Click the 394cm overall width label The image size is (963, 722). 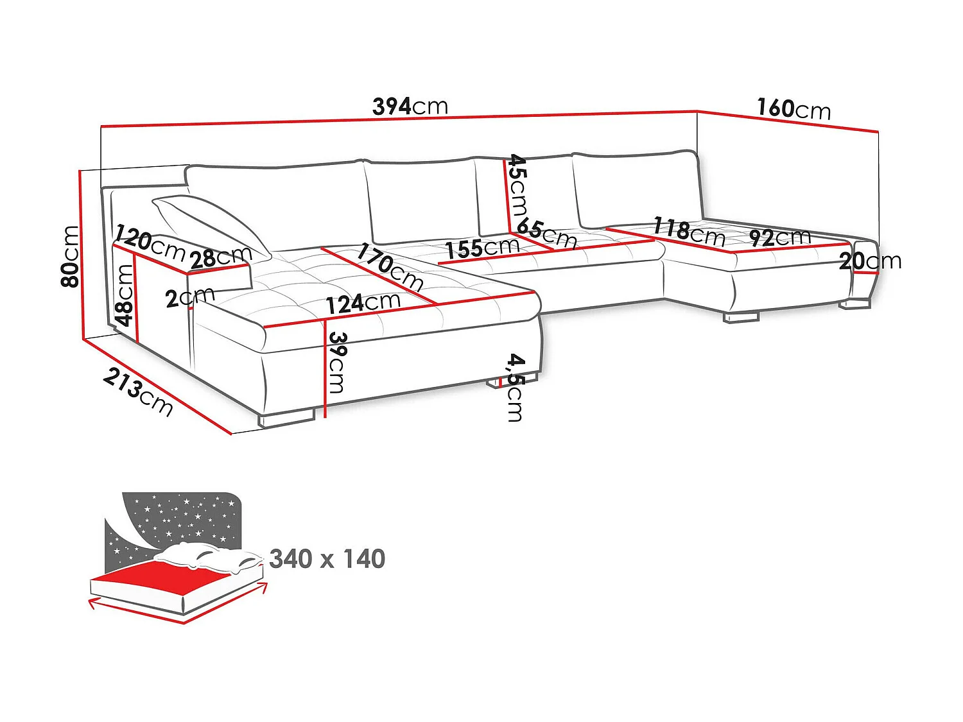click(x=410, y=106)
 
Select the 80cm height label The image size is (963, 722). click(x=70, y=256)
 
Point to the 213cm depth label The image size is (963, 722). click(x=138, y=391)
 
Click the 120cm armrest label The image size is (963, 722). click(x=150, y=243)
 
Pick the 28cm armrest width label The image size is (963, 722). click(x=220, y=257)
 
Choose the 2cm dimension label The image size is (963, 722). click(x=189, y=298)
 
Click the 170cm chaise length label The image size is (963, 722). click(x=390, y=266)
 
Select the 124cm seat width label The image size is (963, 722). click(x=363, y=302)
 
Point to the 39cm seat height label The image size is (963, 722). click(x=337, y=362)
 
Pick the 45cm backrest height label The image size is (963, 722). click(x=517, y=186)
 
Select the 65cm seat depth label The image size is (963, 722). click(x=546, y=234)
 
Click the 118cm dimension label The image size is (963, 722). click(x=689, y=232)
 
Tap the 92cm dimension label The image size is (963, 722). click(x=779, y=237)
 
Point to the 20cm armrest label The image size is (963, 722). click(x=870, y=261)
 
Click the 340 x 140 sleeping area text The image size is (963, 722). click(x=327, y=559)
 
